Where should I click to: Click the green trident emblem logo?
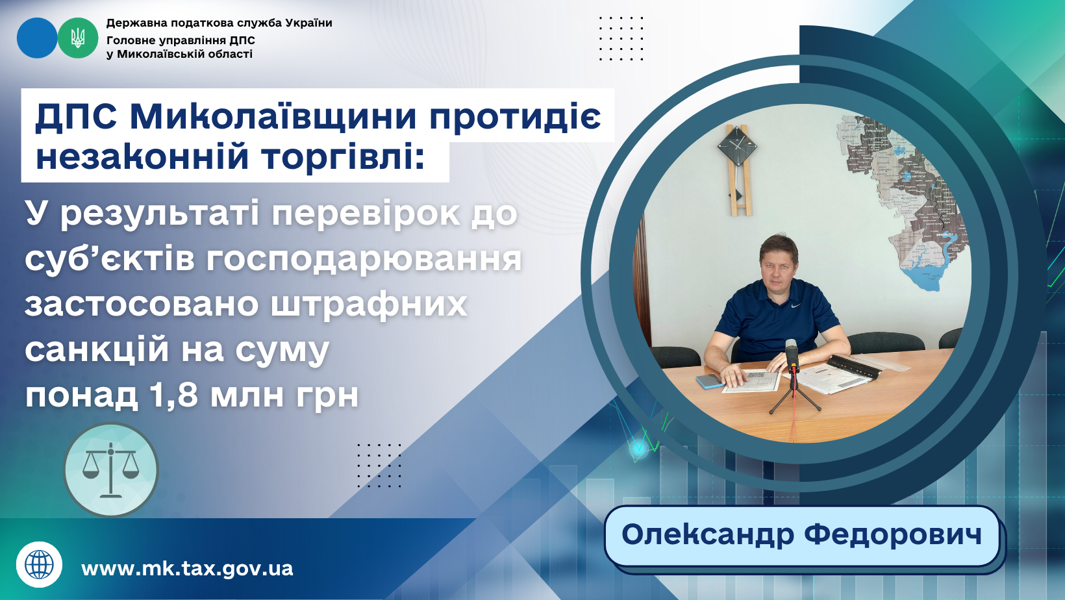pyautogui.click(x=78, y=38)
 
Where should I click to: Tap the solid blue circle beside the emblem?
pyautogui.click(x=37, y=38)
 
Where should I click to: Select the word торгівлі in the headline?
pyautogui.click(x=337, y=157)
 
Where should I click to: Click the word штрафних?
pyautogui.click(x=369, y=305)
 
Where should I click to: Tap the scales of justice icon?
pyautogui.click(x=111, y=469)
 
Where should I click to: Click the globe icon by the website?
pyautogui.click(x=40, y=564)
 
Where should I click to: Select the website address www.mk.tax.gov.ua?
pyautogui.click(x=187, y=569)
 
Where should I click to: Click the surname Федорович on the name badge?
pyautogui.click(x=892, y=534)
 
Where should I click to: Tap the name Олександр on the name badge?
pyautogui.click(x=708, y=535)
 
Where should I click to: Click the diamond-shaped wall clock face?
pyautogui.click(x=738, y=145)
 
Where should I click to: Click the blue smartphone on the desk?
pyautogui.click(x=710, y=381)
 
